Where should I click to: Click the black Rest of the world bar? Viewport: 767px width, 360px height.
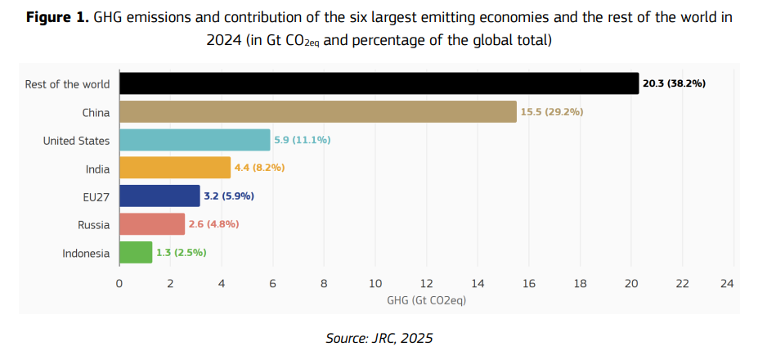click(x=379, y=83)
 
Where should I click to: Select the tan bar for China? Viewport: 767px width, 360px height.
click(x=318, y=112)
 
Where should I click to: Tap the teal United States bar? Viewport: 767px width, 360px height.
click(x=195, y=140)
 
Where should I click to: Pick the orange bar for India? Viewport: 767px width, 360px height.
click(x=175, y=168)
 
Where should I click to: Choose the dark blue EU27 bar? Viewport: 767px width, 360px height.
click(x=159, y=196)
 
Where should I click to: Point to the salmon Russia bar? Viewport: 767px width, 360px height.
click(x=152, y=224)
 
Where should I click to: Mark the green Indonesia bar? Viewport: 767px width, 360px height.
click(x=136, y=252)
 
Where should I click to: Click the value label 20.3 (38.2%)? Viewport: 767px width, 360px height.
click(x=675, y=84)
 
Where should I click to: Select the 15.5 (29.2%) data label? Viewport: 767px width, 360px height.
click(x=552, y=112)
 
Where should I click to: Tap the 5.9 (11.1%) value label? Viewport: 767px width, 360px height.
click(x=302, y=140)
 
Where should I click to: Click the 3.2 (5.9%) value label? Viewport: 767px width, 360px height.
click(x=229, y=196)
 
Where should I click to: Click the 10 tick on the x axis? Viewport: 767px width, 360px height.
click(x=375, y=284)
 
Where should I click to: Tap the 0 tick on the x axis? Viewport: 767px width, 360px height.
click(x=119, y=284)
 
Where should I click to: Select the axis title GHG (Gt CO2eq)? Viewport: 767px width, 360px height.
click(x=425, y=300)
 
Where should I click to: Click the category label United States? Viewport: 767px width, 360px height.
click(x=76, y=141)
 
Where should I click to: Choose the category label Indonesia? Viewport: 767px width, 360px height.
click(x=86, y=253)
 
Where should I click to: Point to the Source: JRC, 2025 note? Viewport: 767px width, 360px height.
click(x=379, y=338)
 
